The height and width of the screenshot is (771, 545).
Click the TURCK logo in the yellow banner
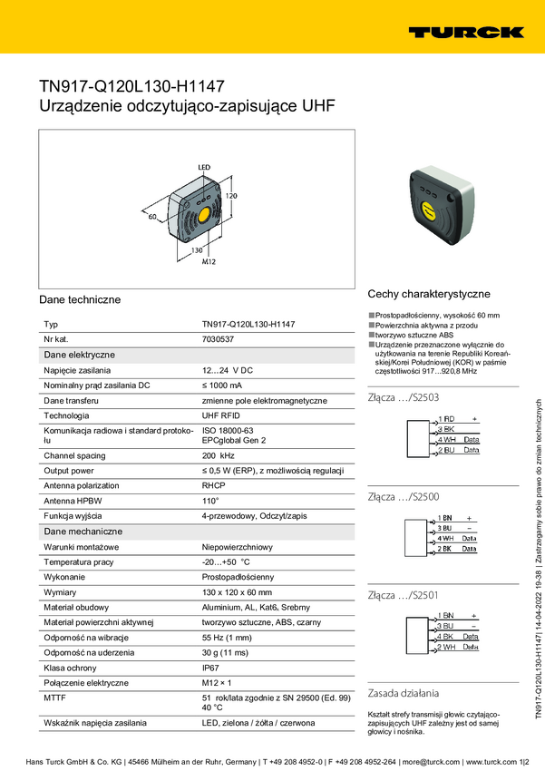pos(465,32)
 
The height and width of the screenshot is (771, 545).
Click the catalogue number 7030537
pos(218,339)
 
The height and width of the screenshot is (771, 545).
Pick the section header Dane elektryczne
pos(79,355)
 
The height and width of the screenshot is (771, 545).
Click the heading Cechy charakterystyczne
pos(428,294)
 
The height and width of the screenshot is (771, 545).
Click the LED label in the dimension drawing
pos(204,167)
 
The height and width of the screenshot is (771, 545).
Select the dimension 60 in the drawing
pos(152,217)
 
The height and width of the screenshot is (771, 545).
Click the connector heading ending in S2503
pos(404,397)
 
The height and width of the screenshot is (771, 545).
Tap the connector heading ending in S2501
pos(404,595)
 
